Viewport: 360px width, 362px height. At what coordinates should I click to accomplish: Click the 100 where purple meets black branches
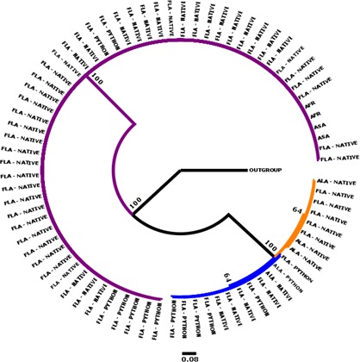click(134, 203)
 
